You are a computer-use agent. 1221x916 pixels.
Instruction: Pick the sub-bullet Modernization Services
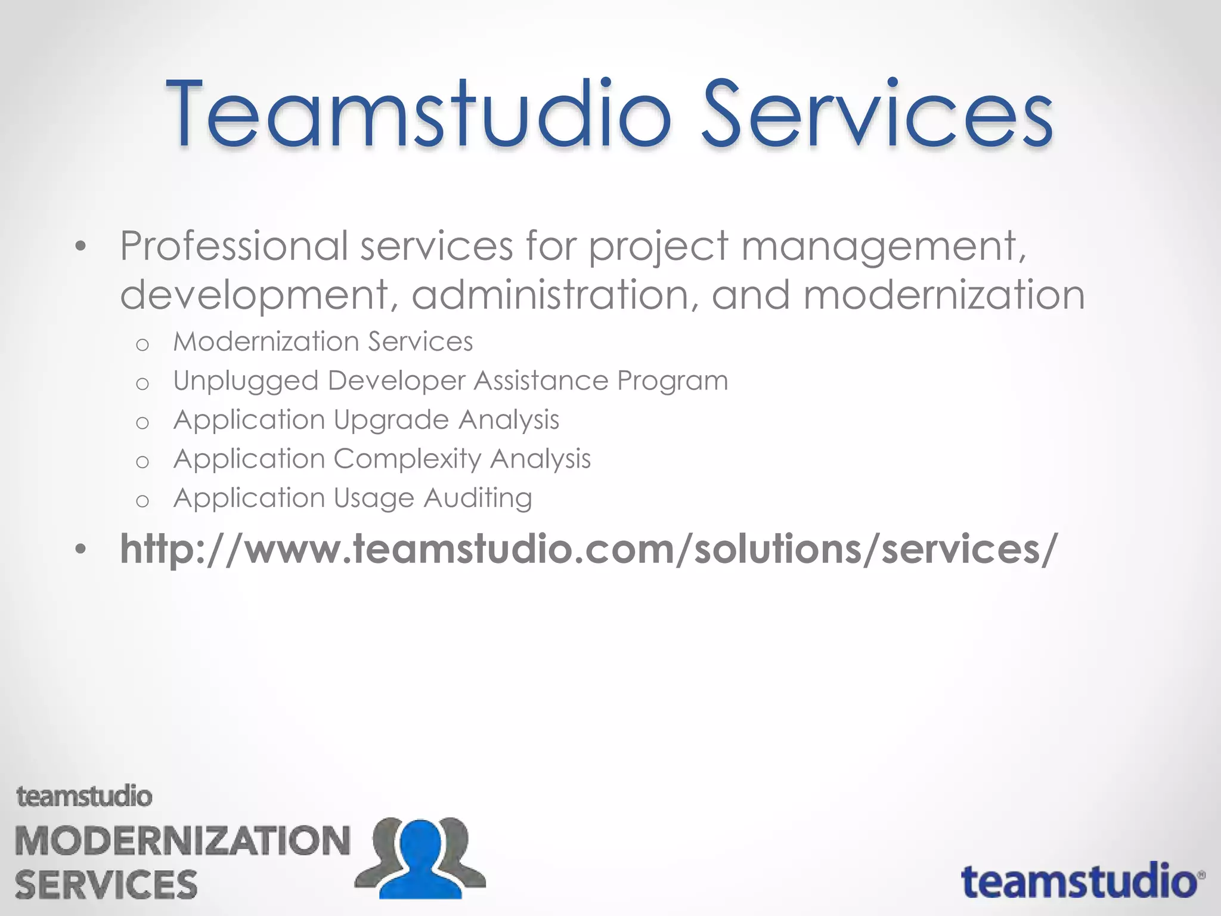[x=323, y=342]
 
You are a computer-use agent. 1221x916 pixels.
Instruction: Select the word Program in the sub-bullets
[x=673, y=381]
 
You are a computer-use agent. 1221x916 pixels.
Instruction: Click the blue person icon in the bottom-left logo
[x=422, y=859]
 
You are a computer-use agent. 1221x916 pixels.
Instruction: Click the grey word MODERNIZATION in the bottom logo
[x=182, y=841]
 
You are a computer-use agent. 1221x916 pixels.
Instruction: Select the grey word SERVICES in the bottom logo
[x=106, y=884]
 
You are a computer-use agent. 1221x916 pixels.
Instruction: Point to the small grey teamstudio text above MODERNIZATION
[x=84, y=797]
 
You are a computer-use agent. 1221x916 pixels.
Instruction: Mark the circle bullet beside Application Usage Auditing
[x=142, y=500]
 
